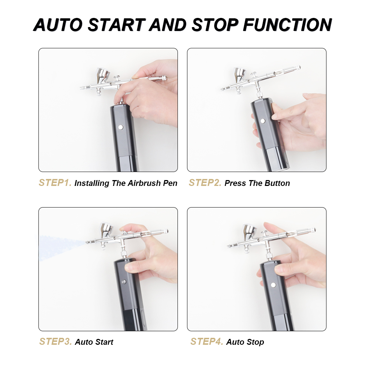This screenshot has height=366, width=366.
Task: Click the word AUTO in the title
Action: pyautogui.click(x=58, y=25)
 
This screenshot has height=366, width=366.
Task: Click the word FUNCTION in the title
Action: pyautogui.click(x=287, y=25)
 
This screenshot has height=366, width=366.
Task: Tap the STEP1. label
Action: pyautogui.click(x=55, y=183)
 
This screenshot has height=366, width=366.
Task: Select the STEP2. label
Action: pyautogui.click(x=205, y=183)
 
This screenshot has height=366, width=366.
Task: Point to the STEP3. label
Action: pyautogui.click(x=56, y=341)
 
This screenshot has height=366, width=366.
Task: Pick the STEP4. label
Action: pyautogui.click(x=207, y=341)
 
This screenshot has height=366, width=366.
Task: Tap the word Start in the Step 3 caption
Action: pyautogui.click(x=104, y=342)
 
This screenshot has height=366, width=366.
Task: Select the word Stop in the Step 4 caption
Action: pyautogui.click(x=255, y=342)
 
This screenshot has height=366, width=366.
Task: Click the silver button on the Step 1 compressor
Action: pyautogui.click(x=121, y=127)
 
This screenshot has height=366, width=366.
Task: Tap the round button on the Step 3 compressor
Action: pyautogui.click(x=124, y=282)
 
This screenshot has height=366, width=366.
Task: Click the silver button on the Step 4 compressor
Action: pyautogui.click(x=273, y=285)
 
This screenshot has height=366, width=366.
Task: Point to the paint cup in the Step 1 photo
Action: pyautogui.click(x=103, y=75)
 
